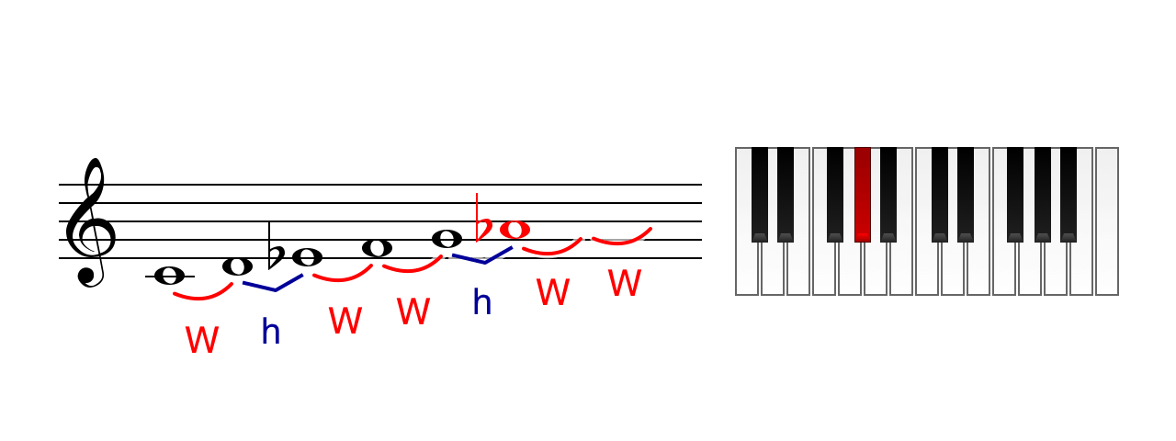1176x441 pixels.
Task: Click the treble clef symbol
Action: tap(89, 223)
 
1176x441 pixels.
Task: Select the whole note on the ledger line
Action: tap(170, 276)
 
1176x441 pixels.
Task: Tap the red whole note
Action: tap(514, 230)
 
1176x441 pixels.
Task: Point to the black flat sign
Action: tap(276, 247)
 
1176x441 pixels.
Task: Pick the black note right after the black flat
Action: tap(307, 257)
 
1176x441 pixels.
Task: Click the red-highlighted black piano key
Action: tap(863, 194)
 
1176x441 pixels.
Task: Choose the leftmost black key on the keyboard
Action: tap(760, 194)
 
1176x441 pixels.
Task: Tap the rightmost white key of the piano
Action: tap(1107, 221)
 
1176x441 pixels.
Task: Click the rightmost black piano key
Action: tap(1069, 194)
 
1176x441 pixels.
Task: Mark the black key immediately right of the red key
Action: tap(888, 194)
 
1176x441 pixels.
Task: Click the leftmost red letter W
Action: tap(202, 340)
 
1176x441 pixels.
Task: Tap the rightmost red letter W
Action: tap(625, 283)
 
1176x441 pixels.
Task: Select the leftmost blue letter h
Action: tap(271, 332)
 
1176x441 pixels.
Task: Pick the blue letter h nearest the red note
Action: tap(482, 301)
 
